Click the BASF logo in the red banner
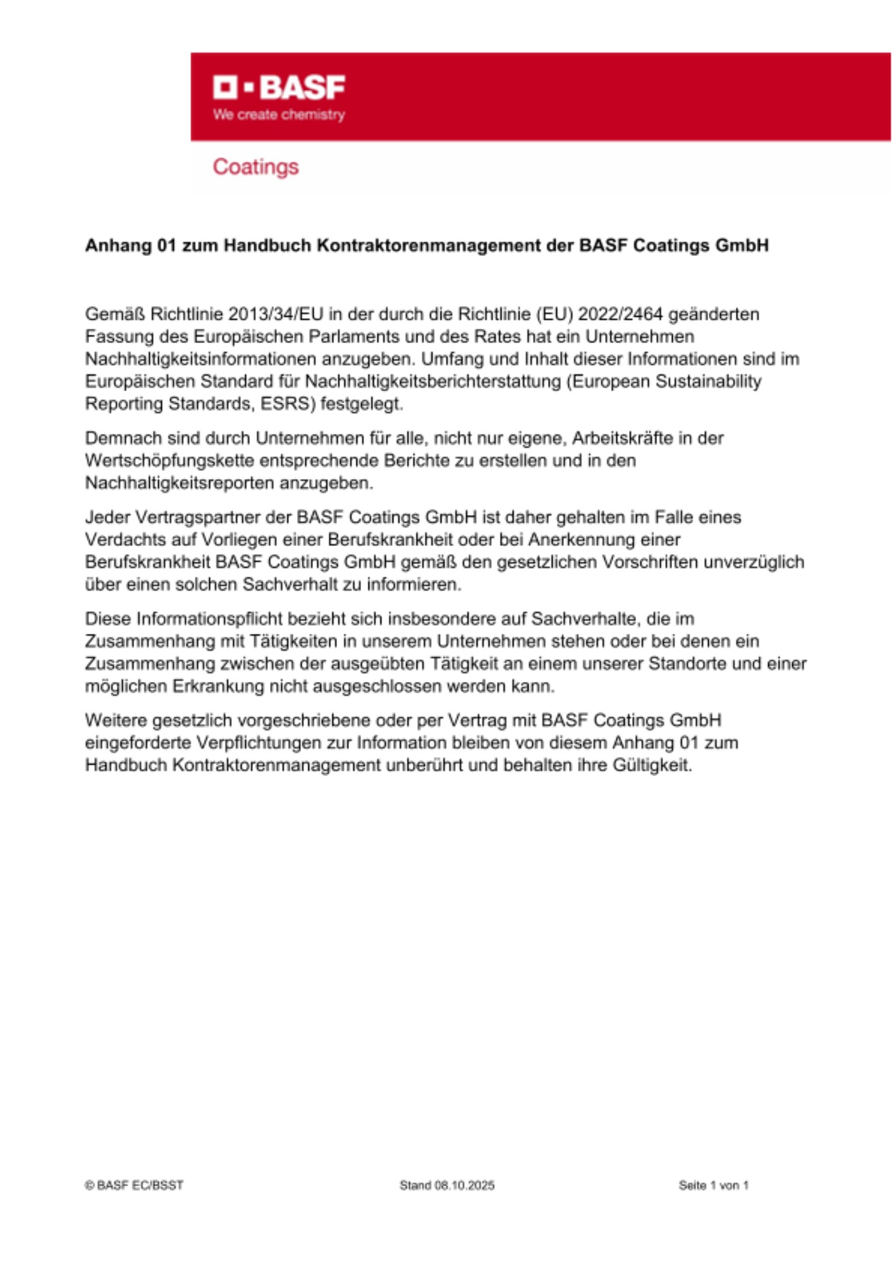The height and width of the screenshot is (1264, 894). coord(279,87)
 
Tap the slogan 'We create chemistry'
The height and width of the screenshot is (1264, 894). coord(279,115)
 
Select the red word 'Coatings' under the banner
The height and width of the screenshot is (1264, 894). coord(255,167)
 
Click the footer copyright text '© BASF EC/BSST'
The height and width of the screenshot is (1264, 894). coord(134,1186)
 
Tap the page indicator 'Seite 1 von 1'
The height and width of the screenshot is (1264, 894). coord(713,1186)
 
